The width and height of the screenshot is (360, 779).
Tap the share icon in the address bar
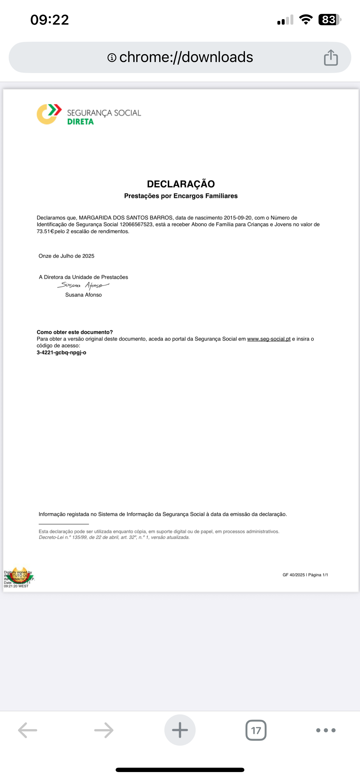331,57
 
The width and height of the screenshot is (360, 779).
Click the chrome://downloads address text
186,57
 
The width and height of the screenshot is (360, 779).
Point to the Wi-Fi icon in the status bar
306,20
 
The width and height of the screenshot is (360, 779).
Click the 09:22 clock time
50,20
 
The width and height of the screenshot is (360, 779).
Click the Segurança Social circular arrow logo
49,114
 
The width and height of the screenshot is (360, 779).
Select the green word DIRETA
81,121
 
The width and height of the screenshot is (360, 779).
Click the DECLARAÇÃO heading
181,184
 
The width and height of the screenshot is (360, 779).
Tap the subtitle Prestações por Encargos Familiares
181,196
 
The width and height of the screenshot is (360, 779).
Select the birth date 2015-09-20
237,218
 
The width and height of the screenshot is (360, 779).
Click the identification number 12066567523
136,224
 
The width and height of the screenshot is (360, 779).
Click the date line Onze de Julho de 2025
66,256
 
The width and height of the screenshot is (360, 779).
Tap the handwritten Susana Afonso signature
83,285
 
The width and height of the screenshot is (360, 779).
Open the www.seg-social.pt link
269,339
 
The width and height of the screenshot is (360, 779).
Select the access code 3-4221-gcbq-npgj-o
61,353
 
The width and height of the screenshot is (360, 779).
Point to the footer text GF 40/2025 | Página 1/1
305,575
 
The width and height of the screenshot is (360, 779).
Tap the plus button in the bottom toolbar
180,730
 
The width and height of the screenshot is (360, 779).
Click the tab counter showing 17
256,730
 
